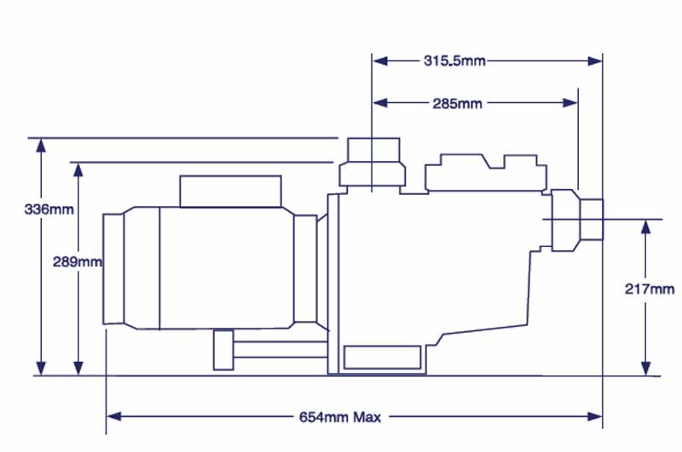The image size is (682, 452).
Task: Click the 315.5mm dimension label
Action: [454, 60]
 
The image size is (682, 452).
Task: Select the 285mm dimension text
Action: [457, 103]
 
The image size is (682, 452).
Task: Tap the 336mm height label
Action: [49, 209]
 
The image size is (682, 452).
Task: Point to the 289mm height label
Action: [78, 262]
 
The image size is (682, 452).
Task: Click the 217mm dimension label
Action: [650, 289]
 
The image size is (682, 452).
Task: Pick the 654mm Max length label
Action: [339, 417]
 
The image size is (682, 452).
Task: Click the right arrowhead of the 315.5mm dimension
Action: [595, 61]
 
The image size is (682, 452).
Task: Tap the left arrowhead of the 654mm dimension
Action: [114, 416]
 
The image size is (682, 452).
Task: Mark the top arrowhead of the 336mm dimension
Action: [41, 146]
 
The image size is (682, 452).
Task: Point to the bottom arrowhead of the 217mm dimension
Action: [646, 369]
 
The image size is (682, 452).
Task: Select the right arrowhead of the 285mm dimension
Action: [570, 103]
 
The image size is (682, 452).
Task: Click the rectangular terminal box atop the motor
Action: [230, 192]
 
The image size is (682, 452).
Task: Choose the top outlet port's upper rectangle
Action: [373, 150]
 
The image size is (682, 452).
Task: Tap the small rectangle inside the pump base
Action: [382, 358]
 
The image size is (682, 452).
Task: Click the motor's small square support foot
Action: [223, 351]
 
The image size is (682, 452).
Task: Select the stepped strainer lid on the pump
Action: [486, 173]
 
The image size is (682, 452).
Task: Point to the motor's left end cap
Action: [113, 269]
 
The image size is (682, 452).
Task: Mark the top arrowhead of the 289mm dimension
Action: [78, 170]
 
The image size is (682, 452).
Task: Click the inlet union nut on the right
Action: [566, 220]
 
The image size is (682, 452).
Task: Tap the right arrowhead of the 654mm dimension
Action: [595, 416]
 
